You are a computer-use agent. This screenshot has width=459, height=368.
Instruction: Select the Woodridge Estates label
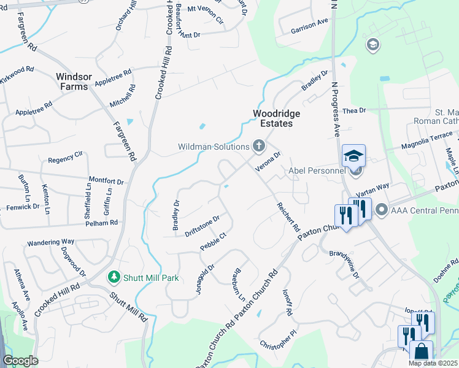point(274,118)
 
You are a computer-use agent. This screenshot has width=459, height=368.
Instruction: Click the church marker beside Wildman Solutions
point(259,146)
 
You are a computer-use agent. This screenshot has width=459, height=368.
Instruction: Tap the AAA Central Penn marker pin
point(381,210)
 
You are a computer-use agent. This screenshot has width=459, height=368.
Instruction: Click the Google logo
point(20,361)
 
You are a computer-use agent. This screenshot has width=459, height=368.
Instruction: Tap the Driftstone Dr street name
point(202,226)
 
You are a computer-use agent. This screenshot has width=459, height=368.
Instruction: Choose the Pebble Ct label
point(213,242)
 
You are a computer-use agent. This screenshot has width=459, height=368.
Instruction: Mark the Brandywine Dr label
point(344,263)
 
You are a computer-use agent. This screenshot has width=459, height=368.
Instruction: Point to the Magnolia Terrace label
point(426,142)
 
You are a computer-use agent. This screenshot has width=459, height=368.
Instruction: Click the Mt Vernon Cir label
point(206,14)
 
